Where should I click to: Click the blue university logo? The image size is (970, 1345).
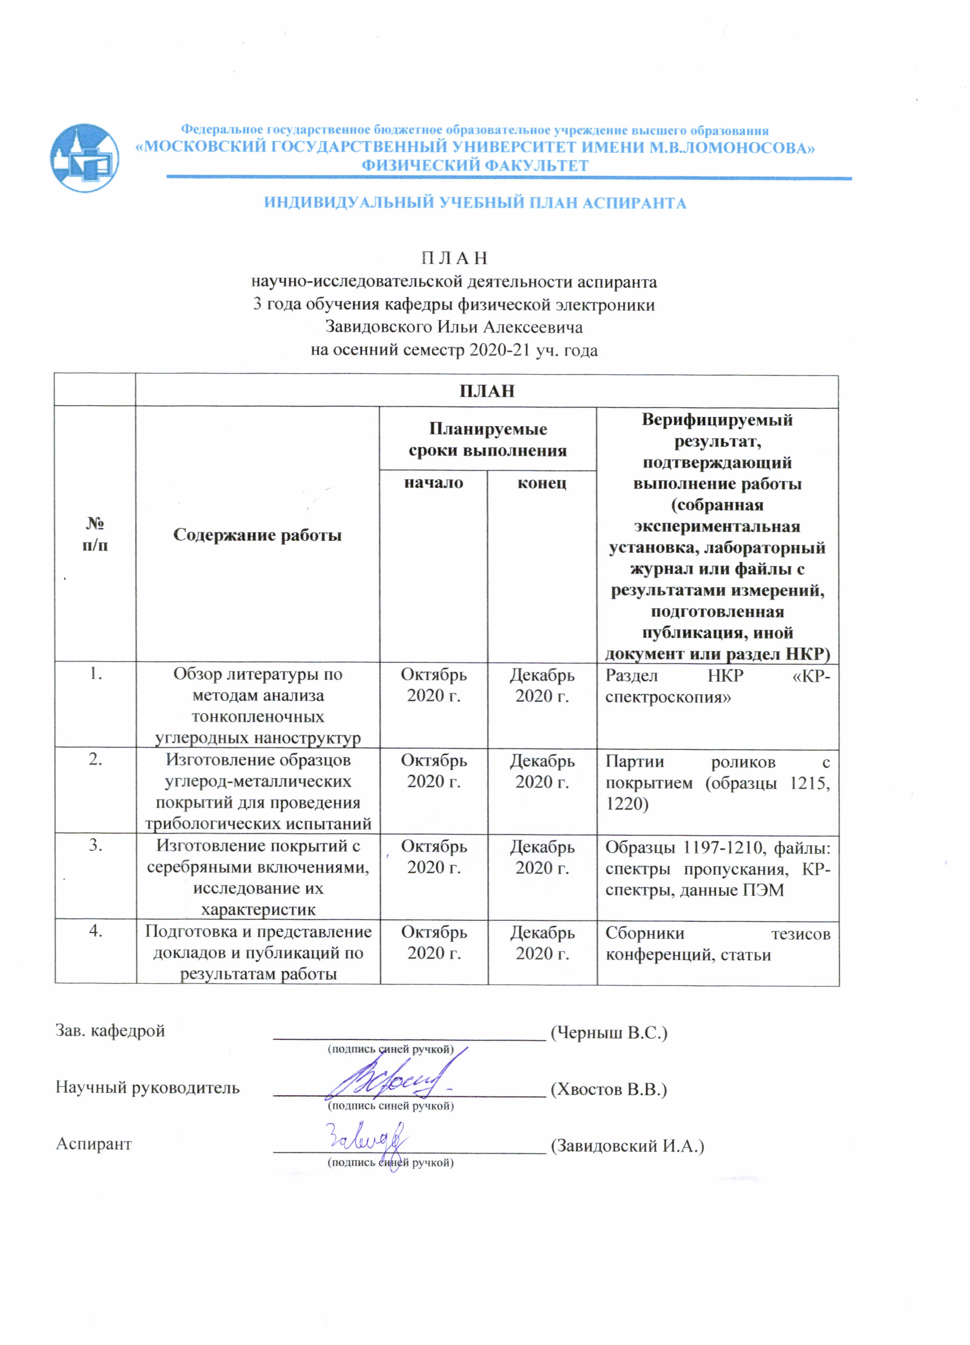pyautogui.click(x=84, y=158)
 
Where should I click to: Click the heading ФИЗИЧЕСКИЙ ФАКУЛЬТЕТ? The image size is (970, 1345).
pyautogui.click(x=475, y=166)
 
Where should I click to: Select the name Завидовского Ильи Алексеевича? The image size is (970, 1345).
pyautogui.click(x=454, y=327)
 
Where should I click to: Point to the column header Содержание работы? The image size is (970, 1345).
pyautogui.click(x=257, y=535)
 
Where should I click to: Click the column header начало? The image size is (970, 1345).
pyautogui.click(x=433, y=483)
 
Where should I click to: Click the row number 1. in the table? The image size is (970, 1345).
pyautogui.click(x=95, y=674)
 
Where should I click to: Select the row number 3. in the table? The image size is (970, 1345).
pyautogui.click(x=95, y=845)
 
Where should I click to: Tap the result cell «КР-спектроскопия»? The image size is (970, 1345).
pyautogui.click(x=717, y=686)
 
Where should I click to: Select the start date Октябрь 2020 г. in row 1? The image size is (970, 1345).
pyautogui.click(x=433, y=685)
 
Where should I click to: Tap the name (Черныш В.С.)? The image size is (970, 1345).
pyautogui.click(x=609, y=1032)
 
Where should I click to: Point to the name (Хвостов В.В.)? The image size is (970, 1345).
pyautogui.click(x=609, y=1089)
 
